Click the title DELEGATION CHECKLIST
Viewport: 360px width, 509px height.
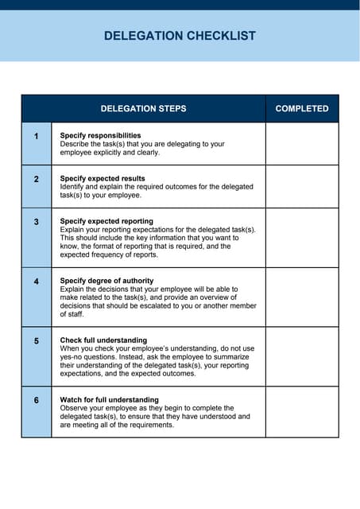(180, 36)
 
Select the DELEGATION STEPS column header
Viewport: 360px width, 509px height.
(143, 108)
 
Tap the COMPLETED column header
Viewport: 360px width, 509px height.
(302, 108)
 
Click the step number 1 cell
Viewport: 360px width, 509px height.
(37, 137)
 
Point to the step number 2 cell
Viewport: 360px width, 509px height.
(37, 180)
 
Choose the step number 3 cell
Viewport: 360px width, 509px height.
(37, 222)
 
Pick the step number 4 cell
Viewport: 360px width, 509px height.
(37, 282)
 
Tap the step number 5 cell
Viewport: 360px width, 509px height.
(37, 341)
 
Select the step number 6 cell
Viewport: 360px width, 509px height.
(37, 401)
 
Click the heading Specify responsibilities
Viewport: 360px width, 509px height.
(100, 135)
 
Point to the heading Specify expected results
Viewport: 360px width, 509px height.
(103, 178)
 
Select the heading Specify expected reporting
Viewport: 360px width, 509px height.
(106, 220)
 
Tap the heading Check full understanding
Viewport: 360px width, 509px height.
(103, 340)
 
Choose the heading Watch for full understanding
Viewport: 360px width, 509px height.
(110, 399)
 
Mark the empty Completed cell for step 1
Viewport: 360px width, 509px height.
(302, 144)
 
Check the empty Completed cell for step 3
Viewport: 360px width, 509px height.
(302, 238)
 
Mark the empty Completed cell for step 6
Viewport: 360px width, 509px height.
(302, 412)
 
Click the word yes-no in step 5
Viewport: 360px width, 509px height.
(74, 357)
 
